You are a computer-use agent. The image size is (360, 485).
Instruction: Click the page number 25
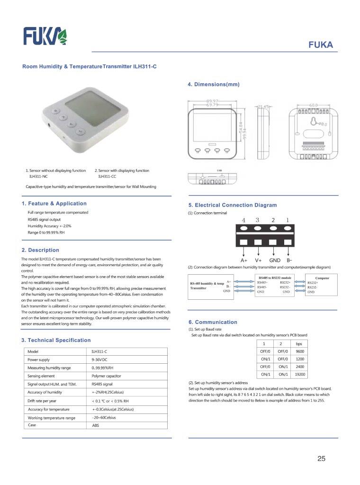322,458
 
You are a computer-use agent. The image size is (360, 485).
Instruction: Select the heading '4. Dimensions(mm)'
214,84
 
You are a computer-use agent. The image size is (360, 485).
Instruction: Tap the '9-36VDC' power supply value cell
99,360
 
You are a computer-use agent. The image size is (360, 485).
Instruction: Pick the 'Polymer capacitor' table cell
107,376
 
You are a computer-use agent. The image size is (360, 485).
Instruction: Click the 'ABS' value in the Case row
95,426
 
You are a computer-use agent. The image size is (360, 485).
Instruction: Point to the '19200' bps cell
299,375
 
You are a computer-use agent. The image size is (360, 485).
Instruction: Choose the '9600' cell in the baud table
299,351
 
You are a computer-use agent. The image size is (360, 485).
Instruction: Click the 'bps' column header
299,343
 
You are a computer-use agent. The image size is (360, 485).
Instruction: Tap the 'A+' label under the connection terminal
244,260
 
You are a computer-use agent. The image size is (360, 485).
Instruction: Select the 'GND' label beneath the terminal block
275,260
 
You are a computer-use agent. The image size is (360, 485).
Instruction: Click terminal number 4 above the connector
243,220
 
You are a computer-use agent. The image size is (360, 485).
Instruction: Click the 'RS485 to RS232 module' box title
275,277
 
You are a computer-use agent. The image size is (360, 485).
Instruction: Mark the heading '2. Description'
41,250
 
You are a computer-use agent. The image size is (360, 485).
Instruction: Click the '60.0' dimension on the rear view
314,105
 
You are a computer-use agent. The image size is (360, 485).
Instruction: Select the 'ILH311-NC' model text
38,176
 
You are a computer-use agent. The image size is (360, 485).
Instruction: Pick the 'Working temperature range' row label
52,418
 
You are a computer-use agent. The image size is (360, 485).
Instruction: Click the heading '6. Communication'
213,322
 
